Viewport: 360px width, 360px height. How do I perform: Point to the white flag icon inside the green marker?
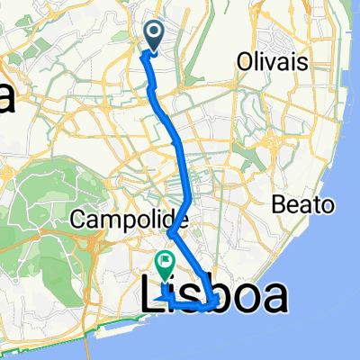pos(166,261)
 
